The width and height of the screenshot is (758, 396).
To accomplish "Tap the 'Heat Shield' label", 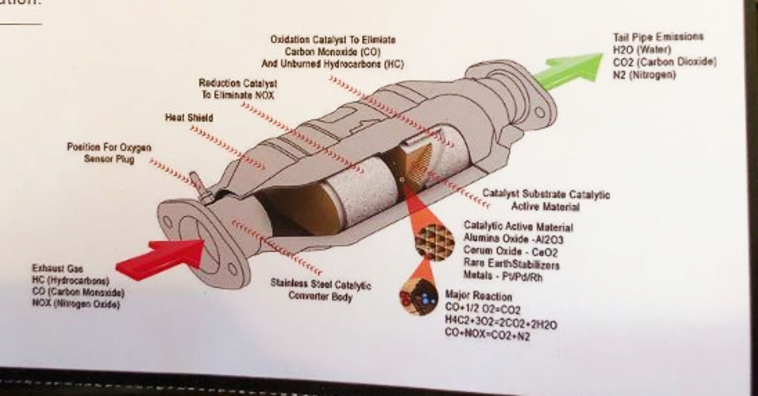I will pyautogui.click(x=189, y=118).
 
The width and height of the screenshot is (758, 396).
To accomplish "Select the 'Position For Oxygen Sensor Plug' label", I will pyautogui.click(x=109, y=153).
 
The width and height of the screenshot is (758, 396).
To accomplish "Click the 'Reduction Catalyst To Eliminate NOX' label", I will pyautogui.click(x=238, y=89).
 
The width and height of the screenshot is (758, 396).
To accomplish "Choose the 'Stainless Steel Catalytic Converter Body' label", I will pyautogui.click(x=320, y=290).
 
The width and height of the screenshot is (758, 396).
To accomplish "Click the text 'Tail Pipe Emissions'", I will pyautogui.click(x=658, y=37).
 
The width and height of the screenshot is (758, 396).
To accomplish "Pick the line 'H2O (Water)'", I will pyautogui.click(x=642, y=50).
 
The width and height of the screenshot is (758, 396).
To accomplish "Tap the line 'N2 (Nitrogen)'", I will pyautogui.click(x=644, y=75).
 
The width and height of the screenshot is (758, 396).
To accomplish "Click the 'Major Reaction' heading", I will pyautogui.click(x=478, y=296).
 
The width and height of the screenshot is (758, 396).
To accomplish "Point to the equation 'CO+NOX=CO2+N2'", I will pyautogui.click(x=487, y=335).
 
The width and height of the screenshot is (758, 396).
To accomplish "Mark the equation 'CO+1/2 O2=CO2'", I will pyautogui.click(x=483, y=309).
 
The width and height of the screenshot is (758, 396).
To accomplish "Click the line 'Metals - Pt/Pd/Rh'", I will pyautogui.click(x=503, y=276).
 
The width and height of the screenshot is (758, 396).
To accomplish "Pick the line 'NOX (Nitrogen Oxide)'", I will pyautogui.click(x=76, y=304).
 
